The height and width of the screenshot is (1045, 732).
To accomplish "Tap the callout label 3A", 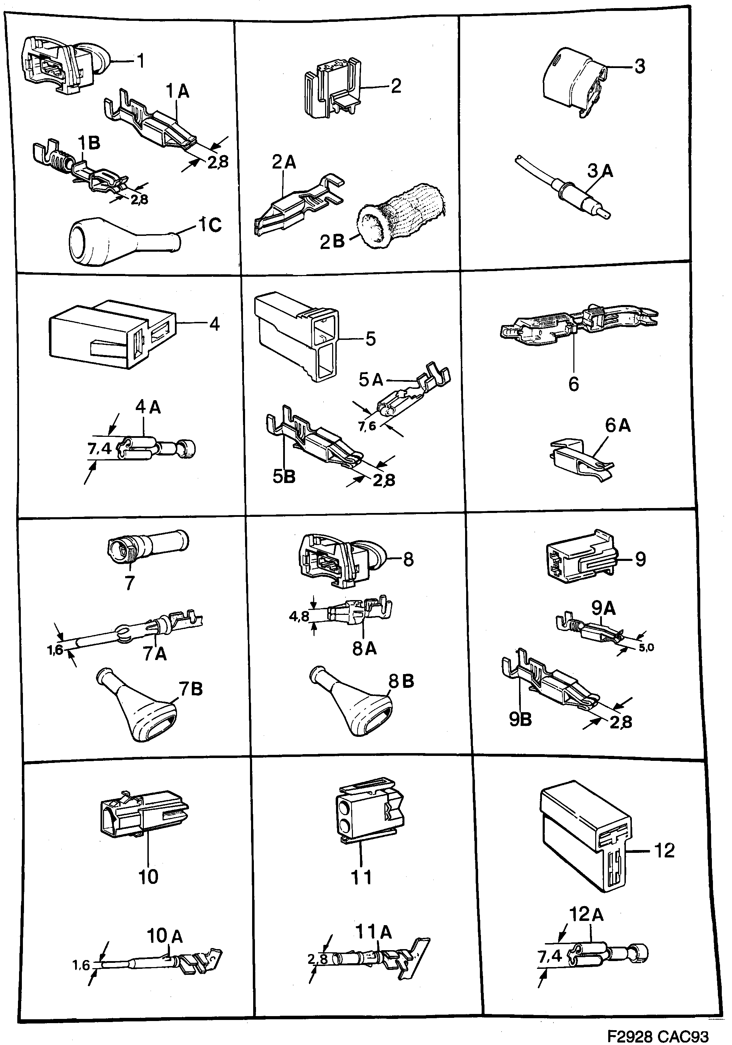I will (600, 171).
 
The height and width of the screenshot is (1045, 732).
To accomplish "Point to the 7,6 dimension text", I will (367, 427).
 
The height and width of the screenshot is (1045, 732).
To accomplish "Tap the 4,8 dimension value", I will (299, 617).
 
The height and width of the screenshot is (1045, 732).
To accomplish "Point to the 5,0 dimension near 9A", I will (646, 647).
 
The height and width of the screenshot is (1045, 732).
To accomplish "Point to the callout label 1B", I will (89, 142).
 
